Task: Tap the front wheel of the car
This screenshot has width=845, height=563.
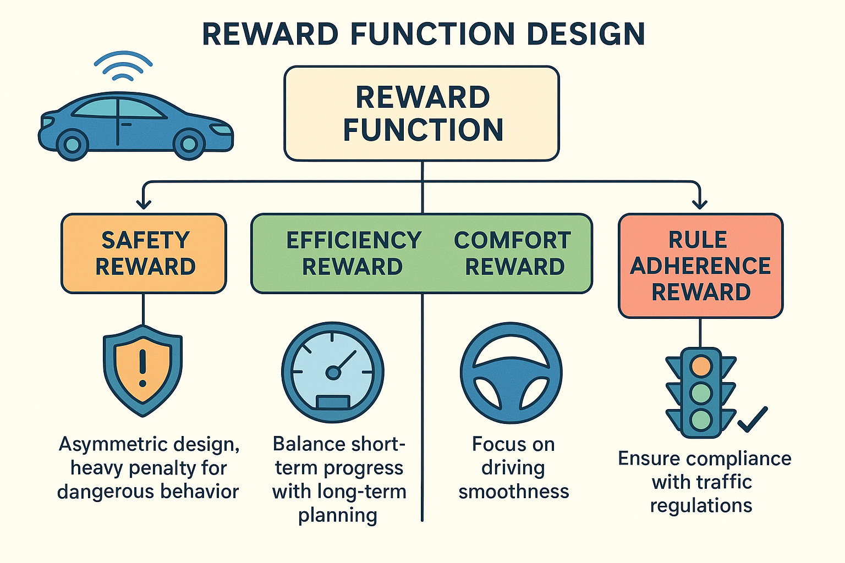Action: tap(189, 144)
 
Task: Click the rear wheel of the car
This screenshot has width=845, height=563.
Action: tap(72, 144)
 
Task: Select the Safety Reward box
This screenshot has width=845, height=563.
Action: tap(144, 253)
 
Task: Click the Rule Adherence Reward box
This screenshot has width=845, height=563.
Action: tap(700, 266)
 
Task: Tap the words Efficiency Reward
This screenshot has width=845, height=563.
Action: tap(353, 253)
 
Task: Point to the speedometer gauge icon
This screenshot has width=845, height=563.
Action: tap(333, 372)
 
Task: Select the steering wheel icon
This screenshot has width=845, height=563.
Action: tap(511, 372)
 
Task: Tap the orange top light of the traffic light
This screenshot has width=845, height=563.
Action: tap(701, 366)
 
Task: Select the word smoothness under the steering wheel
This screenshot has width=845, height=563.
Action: tap(514, 492)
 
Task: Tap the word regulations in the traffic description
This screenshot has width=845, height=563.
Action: tap(701, 505)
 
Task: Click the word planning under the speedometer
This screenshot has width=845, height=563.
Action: tap(338, 516)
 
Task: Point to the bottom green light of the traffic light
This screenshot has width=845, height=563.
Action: tap(701, 420)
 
